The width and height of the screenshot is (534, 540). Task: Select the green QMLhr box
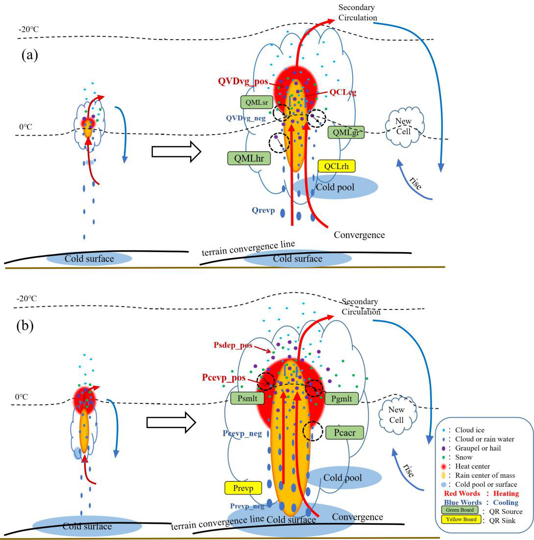point(249,158)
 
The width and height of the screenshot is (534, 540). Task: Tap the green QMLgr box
point(348,132)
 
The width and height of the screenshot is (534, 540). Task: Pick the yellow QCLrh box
point(337,166)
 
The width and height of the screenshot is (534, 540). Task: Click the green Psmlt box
point(247,398)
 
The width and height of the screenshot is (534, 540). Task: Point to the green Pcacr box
point(344,432)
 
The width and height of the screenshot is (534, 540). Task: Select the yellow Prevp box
point(243,488)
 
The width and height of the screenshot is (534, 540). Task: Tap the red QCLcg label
point(342,92)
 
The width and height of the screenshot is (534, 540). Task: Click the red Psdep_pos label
point(233,345)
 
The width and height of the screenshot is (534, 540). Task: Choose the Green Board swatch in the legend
point(460,510)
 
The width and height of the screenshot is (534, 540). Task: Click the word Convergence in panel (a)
point(359,235)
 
